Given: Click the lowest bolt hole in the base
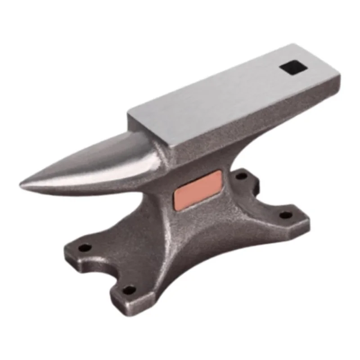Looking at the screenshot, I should point(129,289).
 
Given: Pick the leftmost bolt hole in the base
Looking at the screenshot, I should point(84,247).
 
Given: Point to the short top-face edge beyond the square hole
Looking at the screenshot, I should point(315,61).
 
